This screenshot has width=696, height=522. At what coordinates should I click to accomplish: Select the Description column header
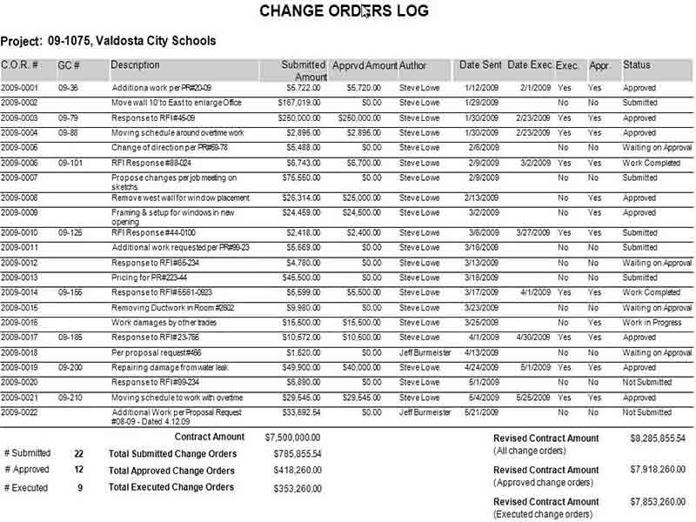(x=136, y=65)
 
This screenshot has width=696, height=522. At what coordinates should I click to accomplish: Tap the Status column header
(x=636, y=65)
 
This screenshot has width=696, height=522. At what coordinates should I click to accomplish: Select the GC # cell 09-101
(x=70, y=163)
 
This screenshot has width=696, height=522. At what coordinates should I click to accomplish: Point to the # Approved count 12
(x=78, y=470)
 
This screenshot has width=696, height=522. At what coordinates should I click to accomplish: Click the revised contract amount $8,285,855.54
(x=658, y=438)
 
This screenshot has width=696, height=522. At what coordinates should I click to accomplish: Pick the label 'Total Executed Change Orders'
(x=171, y=487)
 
